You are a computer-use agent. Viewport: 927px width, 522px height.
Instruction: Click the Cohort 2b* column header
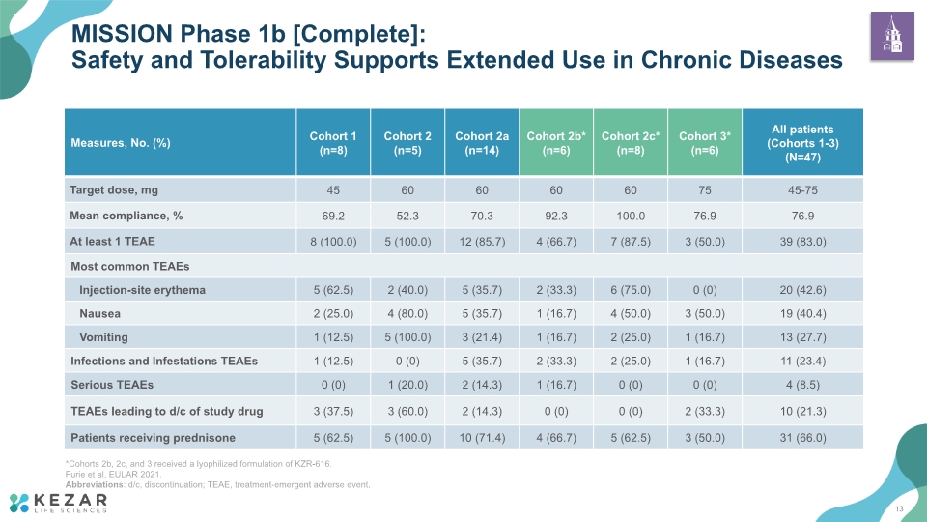point(556,143)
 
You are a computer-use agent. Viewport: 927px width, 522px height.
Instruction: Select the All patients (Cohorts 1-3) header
point(802,143)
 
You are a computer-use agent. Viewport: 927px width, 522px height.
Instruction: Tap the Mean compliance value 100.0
point(631,216)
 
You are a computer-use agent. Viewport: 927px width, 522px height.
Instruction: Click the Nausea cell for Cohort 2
point(407,313)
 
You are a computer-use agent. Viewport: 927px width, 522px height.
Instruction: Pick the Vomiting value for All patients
point(802,337)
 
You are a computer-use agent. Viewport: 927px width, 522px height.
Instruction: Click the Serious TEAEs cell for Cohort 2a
point(482,385)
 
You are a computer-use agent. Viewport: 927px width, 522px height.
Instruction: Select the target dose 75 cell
point(705,190)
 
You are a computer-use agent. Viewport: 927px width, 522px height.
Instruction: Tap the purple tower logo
point(892,36)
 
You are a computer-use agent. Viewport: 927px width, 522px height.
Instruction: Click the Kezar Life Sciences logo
point(59,503)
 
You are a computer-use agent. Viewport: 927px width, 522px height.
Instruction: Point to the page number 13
point(899,509)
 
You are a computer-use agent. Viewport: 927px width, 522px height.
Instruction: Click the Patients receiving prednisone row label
point(154,438)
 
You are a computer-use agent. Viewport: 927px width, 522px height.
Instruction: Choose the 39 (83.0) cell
point(802,242)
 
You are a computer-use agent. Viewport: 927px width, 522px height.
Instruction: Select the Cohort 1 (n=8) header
point(333,143)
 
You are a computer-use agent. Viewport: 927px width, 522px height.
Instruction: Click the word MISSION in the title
point(123,34)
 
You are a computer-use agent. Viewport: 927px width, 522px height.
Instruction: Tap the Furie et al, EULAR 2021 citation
point(113,474)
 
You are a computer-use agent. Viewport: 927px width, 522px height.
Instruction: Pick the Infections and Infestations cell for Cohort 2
point(407,361)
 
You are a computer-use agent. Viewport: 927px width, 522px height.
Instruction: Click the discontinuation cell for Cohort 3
point(705,412)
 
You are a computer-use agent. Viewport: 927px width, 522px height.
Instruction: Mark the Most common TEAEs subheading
point(130,267)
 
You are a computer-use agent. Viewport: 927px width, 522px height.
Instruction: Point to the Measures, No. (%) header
point(121,143)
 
